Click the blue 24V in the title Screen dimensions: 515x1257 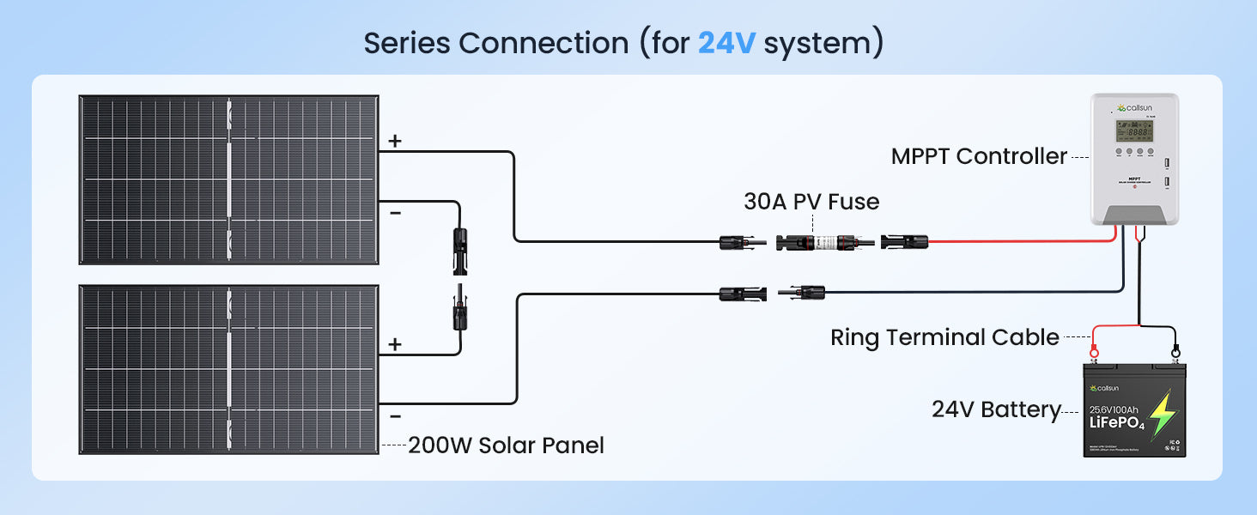(x=726, y=42)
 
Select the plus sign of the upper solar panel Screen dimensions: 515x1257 (x=395, y=142)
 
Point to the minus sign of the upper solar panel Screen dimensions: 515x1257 (x=395, y=212)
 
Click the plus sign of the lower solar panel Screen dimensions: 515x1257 (x=395, y=344)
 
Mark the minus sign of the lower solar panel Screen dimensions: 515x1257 (x=395, y=416)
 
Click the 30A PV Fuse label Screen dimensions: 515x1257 (x=811, y=202)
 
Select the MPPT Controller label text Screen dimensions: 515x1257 (x=979, y=156)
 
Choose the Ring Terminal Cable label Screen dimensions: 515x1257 (x=944, y=337)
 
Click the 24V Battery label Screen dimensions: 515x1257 (x=996, y=409)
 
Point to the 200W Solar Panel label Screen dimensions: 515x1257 (x=506, y=445)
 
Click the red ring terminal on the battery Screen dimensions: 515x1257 (x=1095, y=351)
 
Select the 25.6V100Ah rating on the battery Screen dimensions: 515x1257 (x=1117, y=408)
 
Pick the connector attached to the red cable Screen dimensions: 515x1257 (x=904, y=242)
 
